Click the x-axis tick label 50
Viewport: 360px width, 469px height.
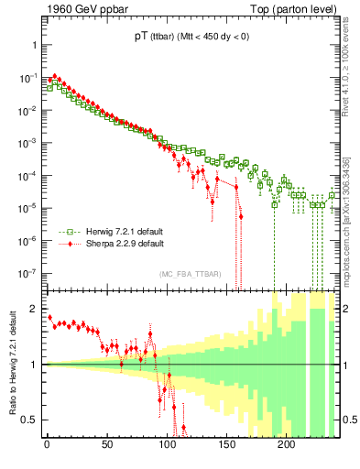(106, 446)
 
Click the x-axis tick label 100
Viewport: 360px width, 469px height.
(166, 446)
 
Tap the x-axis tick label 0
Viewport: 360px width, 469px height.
(47, 446)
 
